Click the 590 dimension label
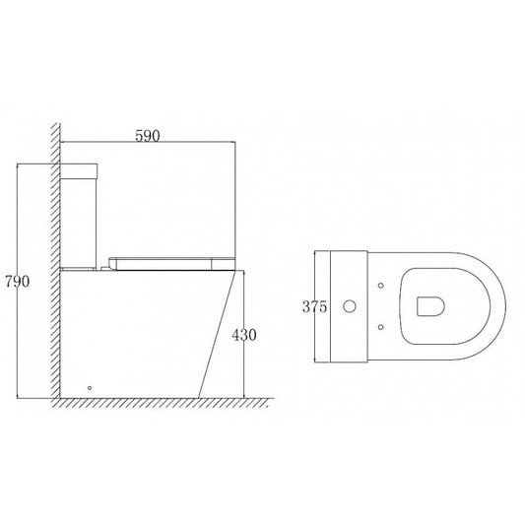coord(148,136)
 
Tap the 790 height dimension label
coord(17,282)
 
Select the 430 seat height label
coord(244,335)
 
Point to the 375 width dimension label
coord(314,306)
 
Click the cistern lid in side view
coord(79,171)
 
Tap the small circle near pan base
coord(90,388)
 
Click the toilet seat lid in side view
coord(171,264)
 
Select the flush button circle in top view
coord(350,306)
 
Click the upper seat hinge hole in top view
coord(380,286)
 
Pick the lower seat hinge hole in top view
coord(380,327)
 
